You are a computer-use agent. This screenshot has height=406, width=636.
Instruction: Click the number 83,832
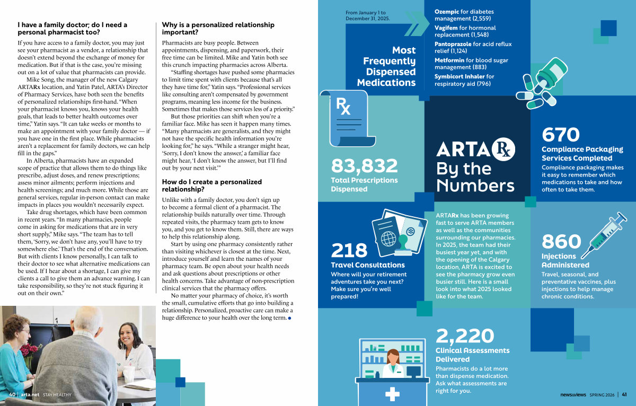pos(364,166)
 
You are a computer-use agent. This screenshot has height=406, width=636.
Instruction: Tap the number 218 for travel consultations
pos(349,251)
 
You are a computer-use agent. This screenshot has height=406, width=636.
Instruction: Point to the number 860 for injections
pos(561,242)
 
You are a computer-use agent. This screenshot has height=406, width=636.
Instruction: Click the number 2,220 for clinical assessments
pos(465,336)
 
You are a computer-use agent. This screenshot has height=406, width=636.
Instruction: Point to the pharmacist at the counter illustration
pos(393,366)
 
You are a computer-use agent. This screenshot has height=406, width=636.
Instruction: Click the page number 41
pos(624,394)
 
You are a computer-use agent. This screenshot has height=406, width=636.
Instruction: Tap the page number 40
pos(12,394)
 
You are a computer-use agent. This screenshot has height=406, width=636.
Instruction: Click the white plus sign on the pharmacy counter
pos(393,394)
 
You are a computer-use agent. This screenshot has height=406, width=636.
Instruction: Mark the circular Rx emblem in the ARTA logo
pos(504,149)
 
